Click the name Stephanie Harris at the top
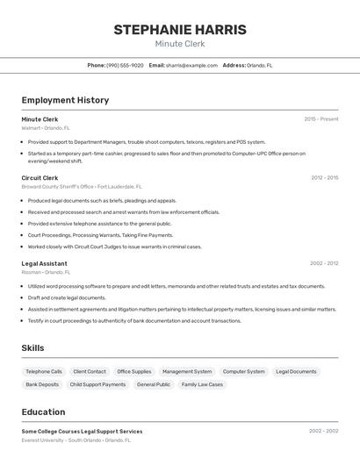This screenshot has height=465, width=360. (x=180, y=30)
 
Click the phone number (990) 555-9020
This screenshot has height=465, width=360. (x=125, y=65)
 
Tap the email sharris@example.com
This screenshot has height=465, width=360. (x=191, y=65)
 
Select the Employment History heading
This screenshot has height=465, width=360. (x=65, y=100)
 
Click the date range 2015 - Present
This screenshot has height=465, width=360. (x=320, y=119)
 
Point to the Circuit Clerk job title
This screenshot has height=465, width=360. (x=40, y=178)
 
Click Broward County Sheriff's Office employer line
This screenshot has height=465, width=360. (x=81, y=187)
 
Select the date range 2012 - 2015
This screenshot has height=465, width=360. (x=324, y=178)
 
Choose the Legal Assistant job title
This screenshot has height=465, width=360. (x=44, y=263)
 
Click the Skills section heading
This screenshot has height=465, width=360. (x=32, y=348)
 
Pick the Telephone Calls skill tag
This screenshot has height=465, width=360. (x=44, y=371)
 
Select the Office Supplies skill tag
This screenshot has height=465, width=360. (x=134, y=371)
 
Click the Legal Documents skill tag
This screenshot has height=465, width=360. (x=296, y=371)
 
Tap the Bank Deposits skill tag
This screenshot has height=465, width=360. (x=42, y=384)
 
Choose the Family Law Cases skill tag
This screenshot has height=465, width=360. (x=202, y=384)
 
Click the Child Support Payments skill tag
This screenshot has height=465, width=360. (x=97, y=384)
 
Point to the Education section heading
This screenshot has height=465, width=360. (x=43, y=412)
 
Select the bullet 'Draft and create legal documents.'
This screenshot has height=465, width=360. (x=67, y=297)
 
